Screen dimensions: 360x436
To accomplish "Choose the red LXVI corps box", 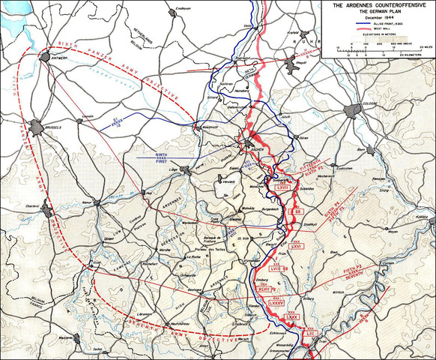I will click(296, 244).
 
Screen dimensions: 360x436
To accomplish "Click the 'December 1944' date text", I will click(378, 19).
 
